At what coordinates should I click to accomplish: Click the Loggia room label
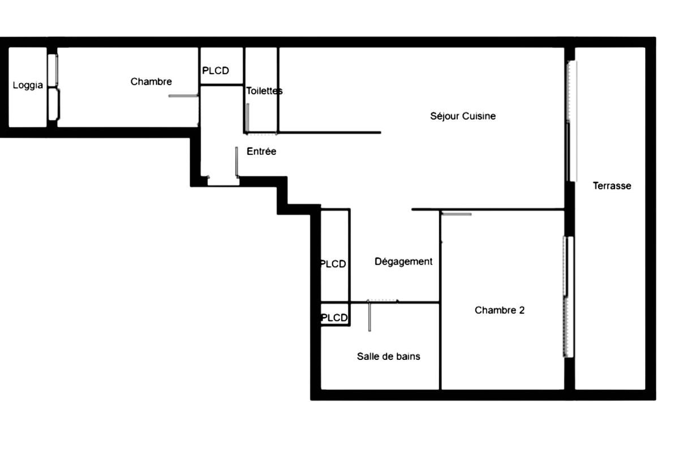click(x=28, y=86)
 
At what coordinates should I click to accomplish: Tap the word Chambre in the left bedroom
click(x=151, y=81)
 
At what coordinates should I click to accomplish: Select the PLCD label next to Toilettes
click(x=216, y=71)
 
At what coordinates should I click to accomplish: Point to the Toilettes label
click(x=264, y=91)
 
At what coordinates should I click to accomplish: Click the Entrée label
click(x=261, y=151)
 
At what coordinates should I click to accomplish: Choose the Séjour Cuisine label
click(x=463, y=116)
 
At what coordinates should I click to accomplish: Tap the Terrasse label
click(x=612, y=185)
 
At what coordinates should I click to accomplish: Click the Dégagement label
click(x=403, y=262)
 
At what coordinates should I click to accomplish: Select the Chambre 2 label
click(x=500, y=310)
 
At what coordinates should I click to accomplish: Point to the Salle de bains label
click(x=389, y=357)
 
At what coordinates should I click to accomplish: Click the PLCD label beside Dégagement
click(x=333, y=264)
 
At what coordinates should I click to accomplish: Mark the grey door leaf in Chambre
click(x=183, y=96)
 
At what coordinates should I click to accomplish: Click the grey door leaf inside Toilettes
click(x=248, y=118)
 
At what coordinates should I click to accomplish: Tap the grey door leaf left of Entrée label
click(x=237, y=162)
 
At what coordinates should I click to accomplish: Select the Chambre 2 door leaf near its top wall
click(x=457, y=214)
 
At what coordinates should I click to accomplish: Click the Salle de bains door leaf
click(x=369, y=316)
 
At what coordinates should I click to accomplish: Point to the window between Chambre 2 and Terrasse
click(x=568, y=297)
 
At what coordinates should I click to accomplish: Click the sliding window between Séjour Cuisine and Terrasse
click(x=572, y=121)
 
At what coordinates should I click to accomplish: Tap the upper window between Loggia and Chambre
click(x=53, y=70)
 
